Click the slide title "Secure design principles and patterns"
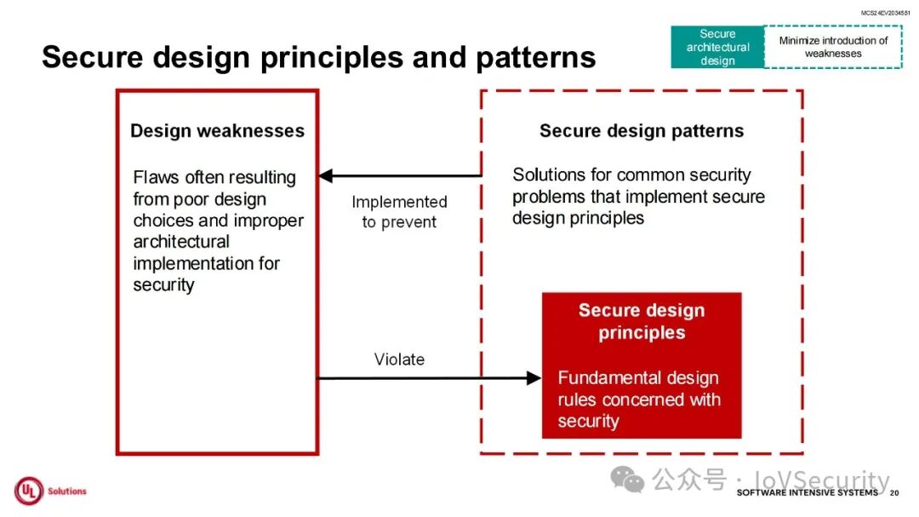click(318, 57)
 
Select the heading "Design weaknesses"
click(217, 131)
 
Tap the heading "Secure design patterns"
click(642, 131)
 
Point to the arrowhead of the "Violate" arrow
click(535, 378)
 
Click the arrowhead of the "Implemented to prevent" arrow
click(325, 176)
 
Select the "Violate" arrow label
click(399, 359)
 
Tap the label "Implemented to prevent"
click(399, 212)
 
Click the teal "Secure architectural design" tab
click(717, 47)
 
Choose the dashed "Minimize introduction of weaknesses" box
click(833, 47)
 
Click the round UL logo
click(28, 491)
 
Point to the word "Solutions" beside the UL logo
click(67, 491)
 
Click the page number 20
click(893, 493)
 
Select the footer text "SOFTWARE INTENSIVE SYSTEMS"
click(807, 493)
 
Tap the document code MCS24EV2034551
click(885, 14)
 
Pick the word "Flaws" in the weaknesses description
click(157, 178)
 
